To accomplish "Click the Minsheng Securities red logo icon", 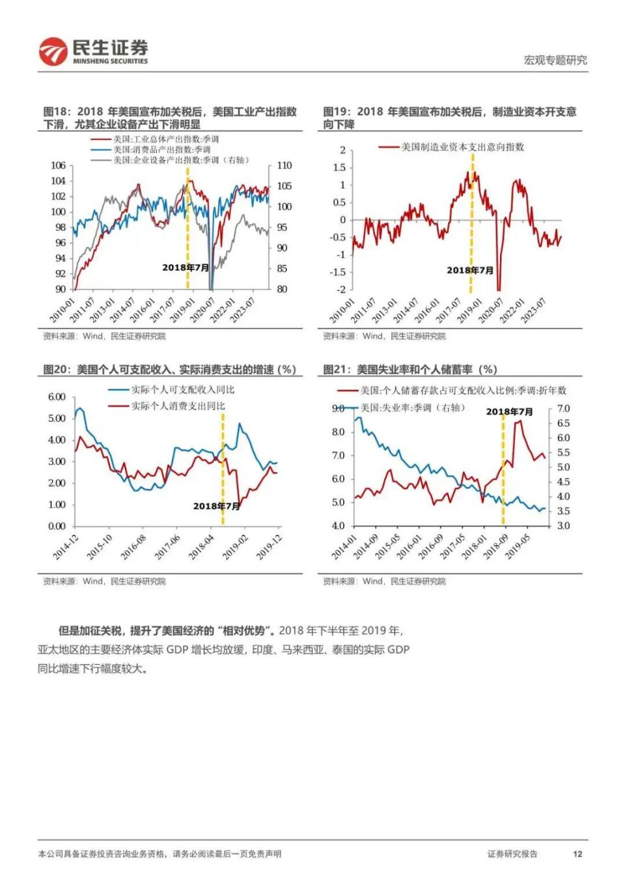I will pos(53,51).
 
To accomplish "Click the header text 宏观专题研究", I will pos(555,60).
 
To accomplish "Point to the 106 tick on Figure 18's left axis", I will pos(58,165).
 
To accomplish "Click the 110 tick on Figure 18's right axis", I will pos(285,165).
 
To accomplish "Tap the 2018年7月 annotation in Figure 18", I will pos(186,267).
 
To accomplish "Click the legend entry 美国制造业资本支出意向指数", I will pos(462,147).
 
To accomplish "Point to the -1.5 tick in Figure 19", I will pos(337,272).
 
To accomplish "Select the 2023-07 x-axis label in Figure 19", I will pos(533,311).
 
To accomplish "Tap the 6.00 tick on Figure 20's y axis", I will pos(57,397).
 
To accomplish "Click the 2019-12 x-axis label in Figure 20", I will pos(268,548).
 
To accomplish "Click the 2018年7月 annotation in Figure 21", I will pos(509,411).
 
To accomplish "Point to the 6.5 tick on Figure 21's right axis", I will pos(563,423).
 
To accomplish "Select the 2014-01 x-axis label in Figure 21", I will pos(344,547).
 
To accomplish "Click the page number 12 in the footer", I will pos(577,854).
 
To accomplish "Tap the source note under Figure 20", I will pos(104,581).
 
